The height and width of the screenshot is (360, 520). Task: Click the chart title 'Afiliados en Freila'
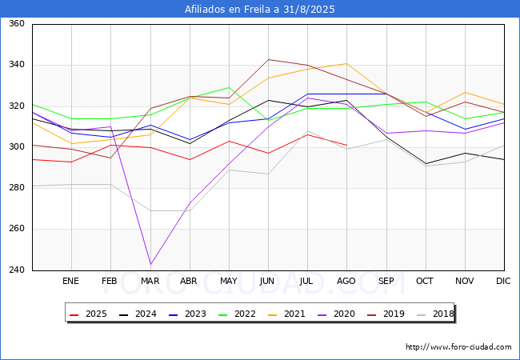pos(259,10)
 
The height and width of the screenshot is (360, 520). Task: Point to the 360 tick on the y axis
pos(16,24)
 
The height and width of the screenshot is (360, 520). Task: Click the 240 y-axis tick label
pos(16,270)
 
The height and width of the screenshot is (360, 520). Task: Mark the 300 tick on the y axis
pos(16,147)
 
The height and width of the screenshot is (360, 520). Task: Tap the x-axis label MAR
pos(150,282)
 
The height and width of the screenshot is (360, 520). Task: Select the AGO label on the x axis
pos(346,282)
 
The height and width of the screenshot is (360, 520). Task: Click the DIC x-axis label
pos(503,282)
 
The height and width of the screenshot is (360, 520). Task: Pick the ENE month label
pos(71,282)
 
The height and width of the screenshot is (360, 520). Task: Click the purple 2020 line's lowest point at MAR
pos(150,264)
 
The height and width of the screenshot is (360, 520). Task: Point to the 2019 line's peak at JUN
pos(268,59)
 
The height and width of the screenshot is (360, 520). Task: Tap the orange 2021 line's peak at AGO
pos(346,63)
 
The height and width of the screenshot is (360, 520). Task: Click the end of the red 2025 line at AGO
pos(346,146)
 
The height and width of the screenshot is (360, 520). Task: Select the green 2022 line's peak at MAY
pos(229,87)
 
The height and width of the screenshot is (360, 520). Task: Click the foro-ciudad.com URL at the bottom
pos(458,347)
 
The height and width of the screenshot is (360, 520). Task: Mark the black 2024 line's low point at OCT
pos(425,163)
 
